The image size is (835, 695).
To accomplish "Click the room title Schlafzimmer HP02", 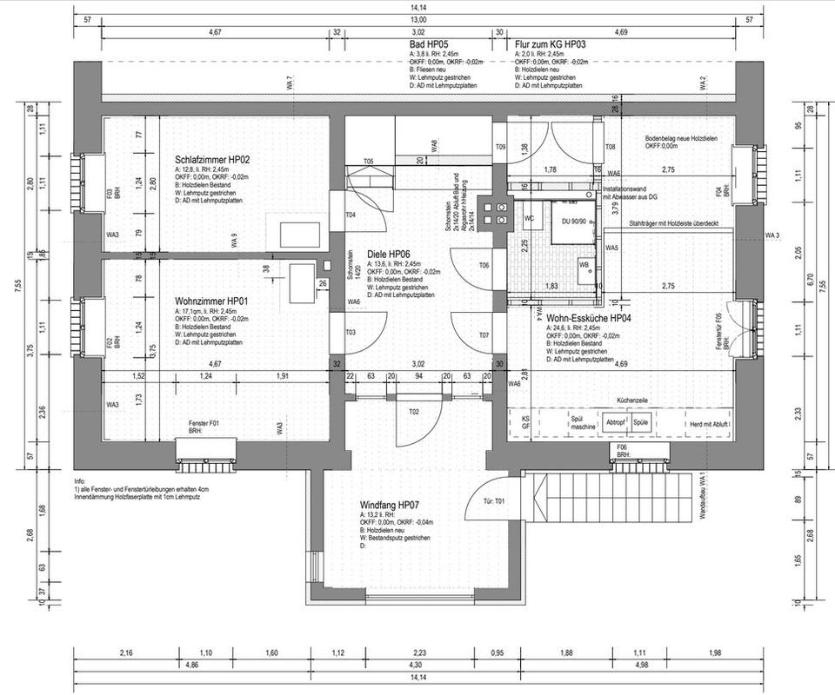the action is [x=212, y=160].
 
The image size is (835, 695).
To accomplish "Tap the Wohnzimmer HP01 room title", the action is [x=211, y=301].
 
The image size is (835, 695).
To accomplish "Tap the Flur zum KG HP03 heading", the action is [x=550, y=43].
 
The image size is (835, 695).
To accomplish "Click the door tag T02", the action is [x=414, y=411].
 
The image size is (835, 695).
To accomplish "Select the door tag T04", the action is [x=351, y=215].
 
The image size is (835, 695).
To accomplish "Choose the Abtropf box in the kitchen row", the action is [x=615, y=421].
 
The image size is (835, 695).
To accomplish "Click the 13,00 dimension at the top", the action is [x=418, y=19].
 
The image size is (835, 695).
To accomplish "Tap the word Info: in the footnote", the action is [x=81, y=480].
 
